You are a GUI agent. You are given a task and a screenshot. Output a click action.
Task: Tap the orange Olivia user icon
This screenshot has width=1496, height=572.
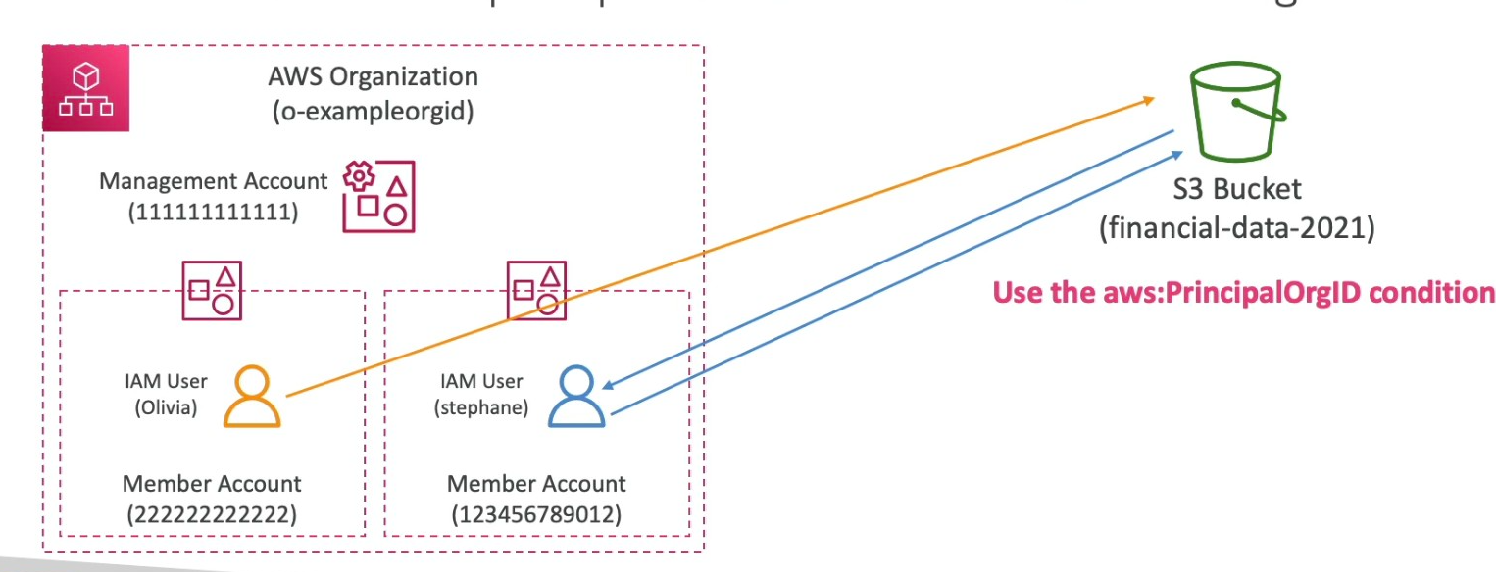[252, 397]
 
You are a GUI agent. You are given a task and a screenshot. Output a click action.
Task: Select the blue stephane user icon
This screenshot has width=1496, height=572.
[576, 397]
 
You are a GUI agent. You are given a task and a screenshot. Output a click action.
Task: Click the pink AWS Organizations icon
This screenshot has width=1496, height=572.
[86, 88]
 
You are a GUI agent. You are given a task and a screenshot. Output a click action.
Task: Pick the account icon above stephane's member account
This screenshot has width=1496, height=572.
[536, 290]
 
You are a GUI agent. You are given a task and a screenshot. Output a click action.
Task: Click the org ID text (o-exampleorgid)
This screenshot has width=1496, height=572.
[373, 112]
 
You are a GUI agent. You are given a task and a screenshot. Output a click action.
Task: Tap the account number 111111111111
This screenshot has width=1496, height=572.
[213, 210]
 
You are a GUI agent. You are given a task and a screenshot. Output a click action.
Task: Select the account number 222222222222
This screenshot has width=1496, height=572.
[212, 512]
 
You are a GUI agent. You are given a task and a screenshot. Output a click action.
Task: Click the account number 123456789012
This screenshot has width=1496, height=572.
[536, 512]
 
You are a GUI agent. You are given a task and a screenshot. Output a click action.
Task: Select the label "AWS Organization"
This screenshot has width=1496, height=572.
[373, 76]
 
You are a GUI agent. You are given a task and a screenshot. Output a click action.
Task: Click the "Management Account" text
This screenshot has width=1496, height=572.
[214, 181]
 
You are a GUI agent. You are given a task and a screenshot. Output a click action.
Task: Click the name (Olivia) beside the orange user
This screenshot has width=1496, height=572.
[166, 408]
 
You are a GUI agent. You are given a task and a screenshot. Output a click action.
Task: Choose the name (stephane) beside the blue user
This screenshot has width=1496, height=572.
[480, 408]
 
